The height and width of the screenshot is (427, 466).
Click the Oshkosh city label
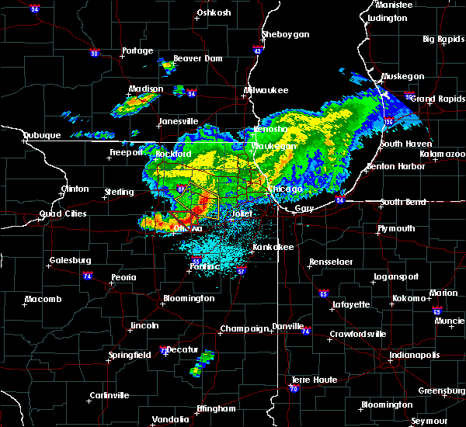(x=214, y=12)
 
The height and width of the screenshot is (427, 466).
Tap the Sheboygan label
(x=286, y=35)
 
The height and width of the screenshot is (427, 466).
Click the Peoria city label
(x=123, y=277)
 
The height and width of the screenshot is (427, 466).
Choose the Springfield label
(x=130, y=355)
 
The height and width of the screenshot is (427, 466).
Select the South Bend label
(x=403, y=203)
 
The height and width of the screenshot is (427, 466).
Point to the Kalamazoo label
(x=443, y=154)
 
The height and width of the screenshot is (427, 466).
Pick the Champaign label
(x=243, y=328)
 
